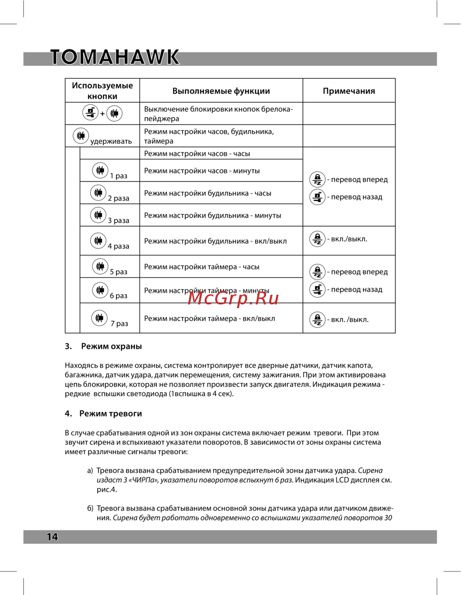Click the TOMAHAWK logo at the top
coord(114,57)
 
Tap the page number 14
coord(52,536)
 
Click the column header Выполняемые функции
coord(221,91)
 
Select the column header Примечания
coord(349,91)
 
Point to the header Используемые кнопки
coord(102,90)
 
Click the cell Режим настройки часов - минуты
coord(202,171)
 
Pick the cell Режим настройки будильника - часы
coord(207,193)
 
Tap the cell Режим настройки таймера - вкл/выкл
coord(209,318)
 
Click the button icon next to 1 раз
coord(100,170)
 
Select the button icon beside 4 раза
coord(98,240)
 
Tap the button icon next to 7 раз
coord(100,318)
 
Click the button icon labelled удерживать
coord(81,136)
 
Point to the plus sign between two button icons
coord(102,113)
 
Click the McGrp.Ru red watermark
coord(233,298)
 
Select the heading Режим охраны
coord(111,346)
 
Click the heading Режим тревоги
coord(110,414)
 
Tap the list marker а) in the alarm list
coord(90,470)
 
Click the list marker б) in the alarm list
coord(90,508)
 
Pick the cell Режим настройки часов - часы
coord(197,154)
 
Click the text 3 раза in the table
coord(118,220)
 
